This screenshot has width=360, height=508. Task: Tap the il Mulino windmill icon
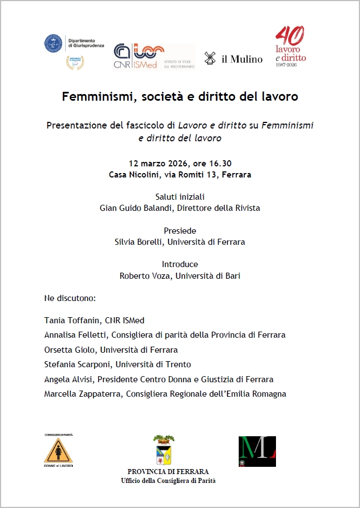point(210,58)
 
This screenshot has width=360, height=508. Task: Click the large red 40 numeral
point(290,36)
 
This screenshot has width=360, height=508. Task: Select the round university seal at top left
point(53,43)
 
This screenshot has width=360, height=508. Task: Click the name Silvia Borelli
point(139,242)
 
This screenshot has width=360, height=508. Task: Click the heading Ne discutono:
point(70,298)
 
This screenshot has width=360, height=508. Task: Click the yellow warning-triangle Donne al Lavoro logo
point(58,450)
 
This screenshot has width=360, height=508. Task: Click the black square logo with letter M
point(257,451)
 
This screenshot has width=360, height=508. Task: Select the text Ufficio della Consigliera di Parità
point(168,480)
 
